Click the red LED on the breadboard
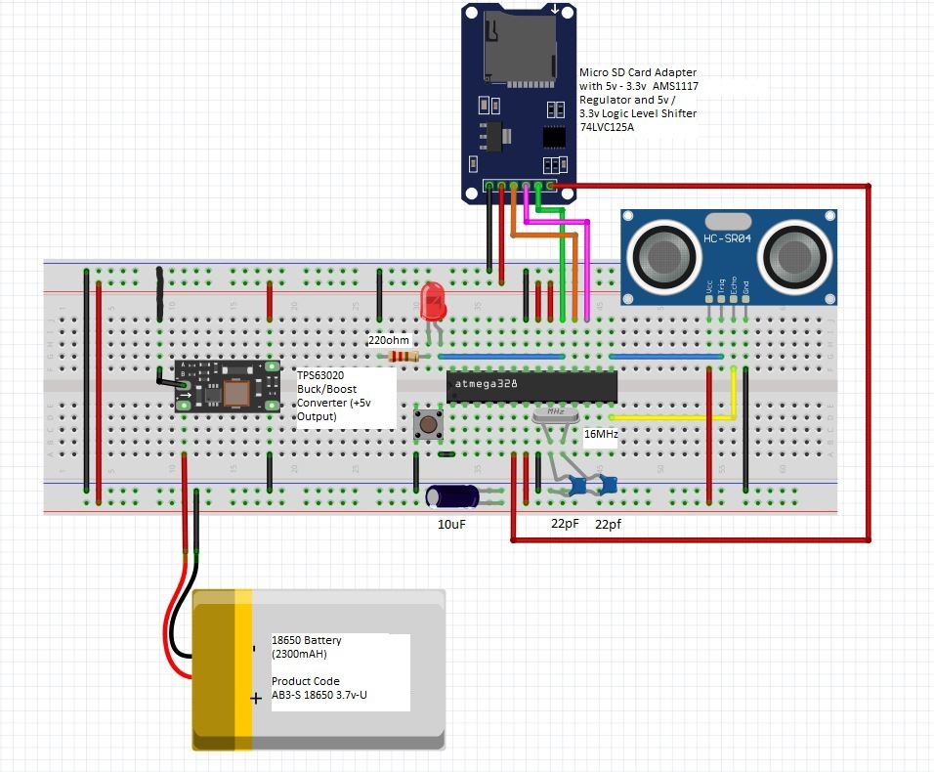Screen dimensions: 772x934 tap(432, 299)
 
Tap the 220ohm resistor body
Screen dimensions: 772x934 tap(401, 357)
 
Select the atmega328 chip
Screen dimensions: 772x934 tap(531, 385)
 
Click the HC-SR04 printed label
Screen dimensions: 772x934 tap(728, 238)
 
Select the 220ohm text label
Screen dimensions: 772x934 tap(389, 341)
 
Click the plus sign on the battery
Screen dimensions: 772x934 tap(256, 698)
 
